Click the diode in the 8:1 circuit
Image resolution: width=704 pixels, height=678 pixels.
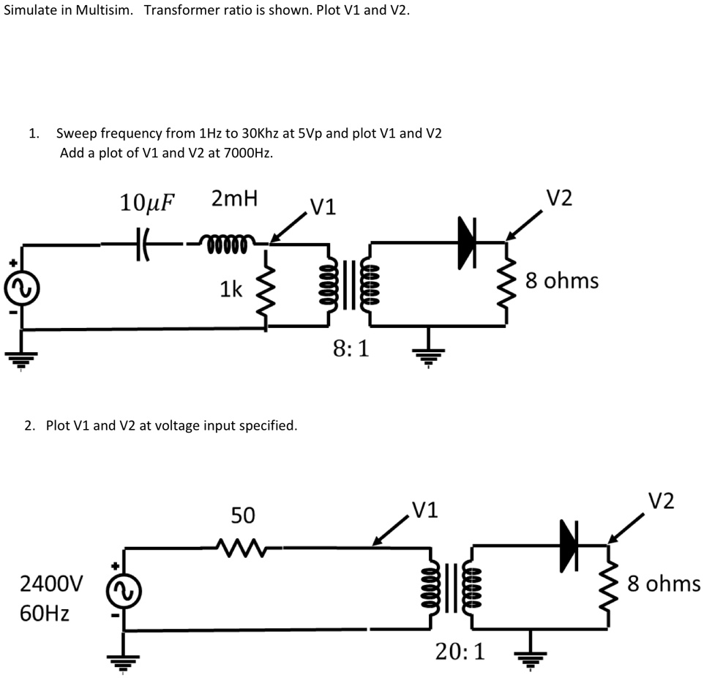tap(466, 241)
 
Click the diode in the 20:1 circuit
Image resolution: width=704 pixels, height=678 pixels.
tap(569, 545)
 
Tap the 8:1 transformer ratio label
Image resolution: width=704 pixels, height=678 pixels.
tap(351, 349)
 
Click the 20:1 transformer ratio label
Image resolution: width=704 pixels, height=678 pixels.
tap(459, 651)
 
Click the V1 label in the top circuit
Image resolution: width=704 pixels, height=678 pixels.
tap(323, 207)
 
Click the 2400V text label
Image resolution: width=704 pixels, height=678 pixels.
tap(51, 584)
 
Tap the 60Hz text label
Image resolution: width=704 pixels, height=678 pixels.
tap(45, 612)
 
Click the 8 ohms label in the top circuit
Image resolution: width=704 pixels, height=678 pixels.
tap(561, 280)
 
